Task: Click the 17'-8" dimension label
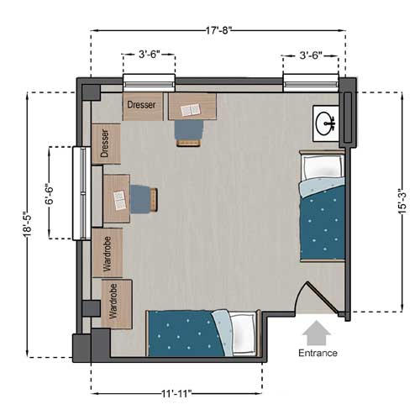[219, 30]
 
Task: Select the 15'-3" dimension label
[402, 202]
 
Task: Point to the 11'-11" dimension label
[176, 394]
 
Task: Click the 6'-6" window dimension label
[50, 194]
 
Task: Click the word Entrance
[318, 353]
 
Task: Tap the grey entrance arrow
[317, 333]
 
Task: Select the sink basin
[325, 123]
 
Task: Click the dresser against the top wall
[143, 107]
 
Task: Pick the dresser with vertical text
[106, 144]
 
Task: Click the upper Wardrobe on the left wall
[108, 253]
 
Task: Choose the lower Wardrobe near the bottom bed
[117, 304]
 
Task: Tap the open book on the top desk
[191, 110]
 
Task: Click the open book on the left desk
[120, 200]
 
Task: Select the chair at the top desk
[189, 134]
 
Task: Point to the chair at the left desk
[144, 198]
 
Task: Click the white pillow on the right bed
[322, 167]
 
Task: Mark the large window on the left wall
[81, 193]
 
